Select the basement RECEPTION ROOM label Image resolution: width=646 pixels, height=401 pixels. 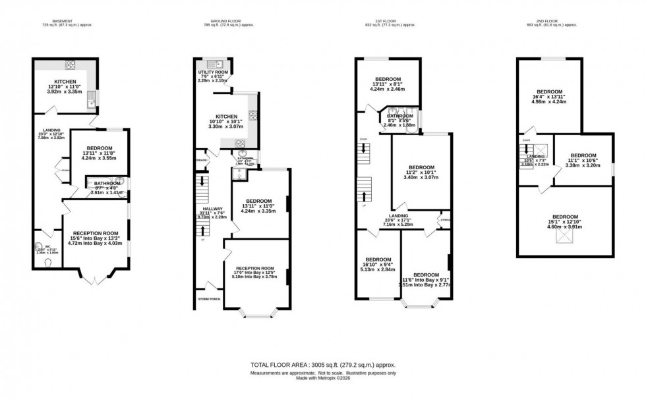click(x=95, y=232)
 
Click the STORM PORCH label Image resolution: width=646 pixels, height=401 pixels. click(x=210, y=299)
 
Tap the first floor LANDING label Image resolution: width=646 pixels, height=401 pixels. click(x=398, y=216)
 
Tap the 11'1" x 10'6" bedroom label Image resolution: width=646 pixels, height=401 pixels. click(x=583, y=157)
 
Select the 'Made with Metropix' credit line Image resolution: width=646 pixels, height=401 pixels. click(x=323, y=377)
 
